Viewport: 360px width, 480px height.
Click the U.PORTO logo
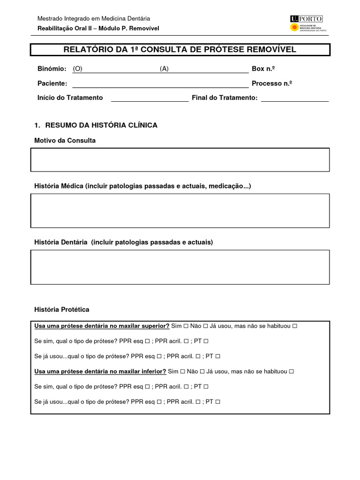[307, 23]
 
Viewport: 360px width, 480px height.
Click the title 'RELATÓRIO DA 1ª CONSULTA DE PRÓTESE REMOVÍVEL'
[180, 50]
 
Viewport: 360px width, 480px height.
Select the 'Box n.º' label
[263, 69]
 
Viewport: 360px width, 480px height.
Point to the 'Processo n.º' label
[272, 83]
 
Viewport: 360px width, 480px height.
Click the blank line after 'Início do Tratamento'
[150, 98]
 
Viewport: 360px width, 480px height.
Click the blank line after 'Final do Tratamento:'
[295, 98]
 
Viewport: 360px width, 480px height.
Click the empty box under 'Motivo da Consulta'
[180, 160]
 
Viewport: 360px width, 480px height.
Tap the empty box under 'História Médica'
[180, 211]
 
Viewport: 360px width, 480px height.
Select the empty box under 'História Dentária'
[180, 267]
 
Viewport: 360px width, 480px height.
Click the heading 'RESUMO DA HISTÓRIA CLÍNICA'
[100, 125]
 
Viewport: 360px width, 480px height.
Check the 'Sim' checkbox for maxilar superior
[186, 326]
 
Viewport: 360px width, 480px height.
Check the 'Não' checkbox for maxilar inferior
[202, 372]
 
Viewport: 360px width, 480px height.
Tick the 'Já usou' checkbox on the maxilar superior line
[294, 326]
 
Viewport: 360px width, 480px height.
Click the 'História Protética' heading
[61, 310]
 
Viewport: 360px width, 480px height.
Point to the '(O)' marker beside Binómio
[77, 69]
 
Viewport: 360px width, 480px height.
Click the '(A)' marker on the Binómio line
[164, 69]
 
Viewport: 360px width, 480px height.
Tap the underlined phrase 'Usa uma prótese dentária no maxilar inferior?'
[100, 371]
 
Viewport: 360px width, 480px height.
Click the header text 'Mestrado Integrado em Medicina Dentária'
[94, 19]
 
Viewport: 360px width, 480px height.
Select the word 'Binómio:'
[52, 69]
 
